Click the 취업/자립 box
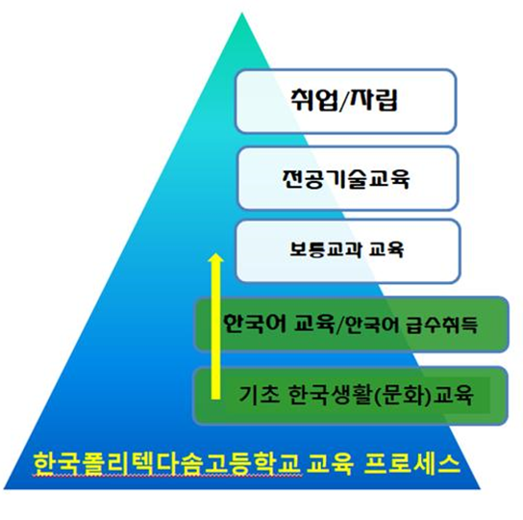345,101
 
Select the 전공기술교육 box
348,179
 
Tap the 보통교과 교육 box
348,251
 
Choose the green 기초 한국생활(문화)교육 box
351,396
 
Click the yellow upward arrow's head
215,258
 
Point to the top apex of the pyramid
242,13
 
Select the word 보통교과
325,249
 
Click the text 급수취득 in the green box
441,325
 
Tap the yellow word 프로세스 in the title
412,463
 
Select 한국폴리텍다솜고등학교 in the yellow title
167,464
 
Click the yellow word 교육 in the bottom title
330,463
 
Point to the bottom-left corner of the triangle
4,489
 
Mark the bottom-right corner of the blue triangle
481,489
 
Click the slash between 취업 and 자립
342,101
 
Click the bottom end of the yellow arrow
215,399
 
